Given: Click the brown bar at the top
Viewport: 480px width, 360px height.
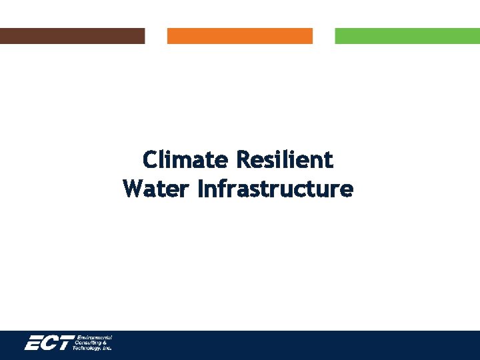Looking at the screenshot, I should [72, 36].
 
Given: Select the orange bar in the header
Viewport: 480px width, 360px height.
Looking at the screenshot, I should [239, 36].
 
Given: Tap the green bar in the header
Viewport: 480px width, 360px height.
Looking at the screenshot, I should [407, 36].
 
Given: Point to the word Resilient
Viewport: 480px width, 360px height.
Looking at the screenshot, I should [285, 160].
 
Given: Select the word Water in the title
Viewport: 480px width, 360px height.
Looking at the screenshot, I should [157, 189].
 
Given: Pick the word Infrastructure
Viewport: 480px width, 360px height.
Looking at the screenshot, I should [275, 189].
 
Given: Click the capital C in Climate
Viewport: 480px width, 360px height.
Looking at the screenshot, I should [150, 160].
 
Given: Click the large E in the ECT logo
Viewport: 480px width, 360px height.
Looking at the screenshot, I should [35, 344].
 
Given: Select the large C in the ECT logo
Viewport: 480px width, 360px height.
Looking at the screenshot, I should [51, 344].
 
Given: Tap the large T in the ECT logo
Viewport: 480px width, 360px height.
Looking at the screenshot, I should [66, 344].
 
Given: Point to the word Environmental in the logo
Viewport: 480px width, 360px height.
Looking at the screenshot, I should [95, 338].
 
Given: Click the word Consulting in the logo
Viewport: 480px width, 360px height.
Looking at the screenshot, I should [90, 343].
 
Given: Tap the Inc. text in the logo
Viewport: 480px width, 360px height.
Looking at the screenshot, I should [107, 349].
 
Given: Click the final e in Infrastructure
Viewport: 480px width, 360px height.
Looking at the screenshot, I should [347, 190].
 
